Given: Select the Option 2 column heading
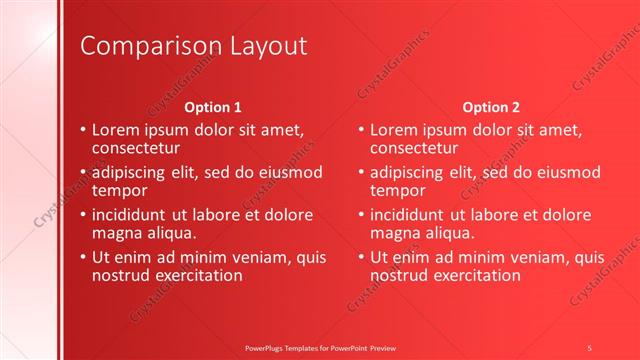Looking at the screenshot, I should point(491,107).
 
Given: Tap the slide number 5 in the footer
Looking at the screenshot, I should point(590,346).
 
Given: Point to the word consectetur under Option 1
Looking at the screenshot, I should point(135,148).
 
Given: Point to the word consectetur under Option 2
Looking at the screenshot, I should point(413,148).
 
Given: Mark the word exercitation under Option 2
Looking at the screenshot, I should point(475,275).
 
